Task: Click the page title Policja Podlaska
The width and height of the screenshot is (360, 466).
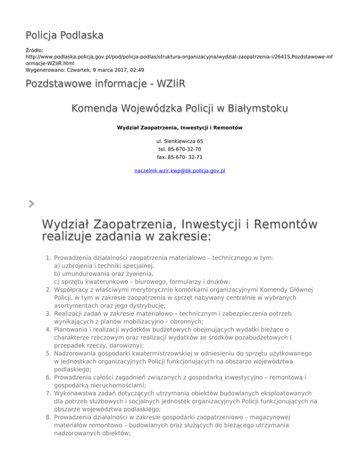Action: (64, 35)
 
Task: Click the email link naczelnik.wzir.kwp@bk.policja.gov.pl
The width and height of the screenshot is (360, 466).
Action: (180, 171)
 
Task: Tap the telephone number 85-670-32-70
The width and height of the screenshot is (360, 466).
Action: (180, 149)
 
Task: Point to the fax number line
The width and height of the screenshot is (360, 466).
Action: (180, 157)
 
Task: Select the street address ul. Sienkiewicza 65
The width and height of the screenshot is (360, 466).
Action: (180, 141)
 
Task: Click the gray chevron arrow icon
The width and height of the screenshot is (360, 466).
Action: (31, 203)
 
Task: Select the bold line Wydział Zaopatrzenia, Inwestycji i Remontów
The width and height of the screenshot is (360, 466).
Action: (180, 127)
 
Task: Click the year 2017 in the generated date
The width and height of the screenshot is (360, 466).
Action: (103, 70)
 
